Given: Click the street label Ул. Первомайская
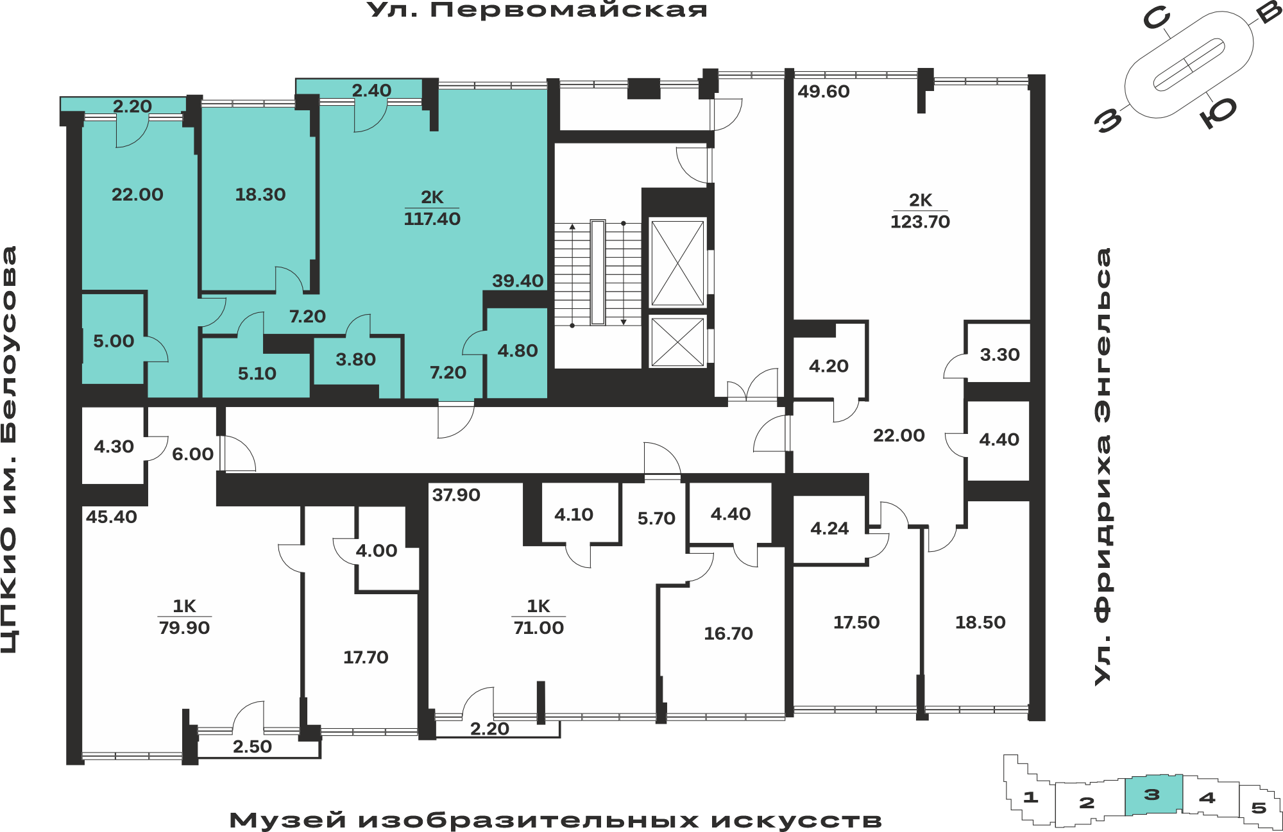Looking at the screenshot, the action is (x=537, y=10).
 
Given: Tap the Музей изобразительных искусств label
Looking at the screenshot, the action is (x=556, y=820).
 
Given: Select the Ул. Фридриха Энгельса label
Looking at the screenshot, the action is (x=1103, y=467).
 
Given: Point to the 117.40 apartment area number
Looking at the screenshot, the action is (x=432, y=219).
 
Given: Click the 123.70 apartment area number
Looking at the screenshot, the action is (x=920, y=222).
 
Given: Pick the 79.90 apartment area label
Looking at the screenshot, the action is (x=184, y=628).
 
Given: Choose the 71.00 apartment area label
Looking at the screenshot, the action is (x=538, y=628).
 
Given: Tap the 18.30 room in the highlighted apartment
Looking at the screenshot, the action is (x=260, y=194).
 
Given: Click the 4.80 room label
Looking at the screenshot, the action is (x=518, y=351).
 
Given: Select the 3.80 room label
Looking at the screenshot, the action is (x=355, y=360).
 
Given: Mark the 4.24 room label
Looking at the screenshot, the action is (x=829, y=528).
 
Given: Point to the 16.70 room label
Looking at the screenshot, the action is (x=728, y=633).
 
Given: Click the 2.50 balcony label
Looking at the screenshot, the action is (x=252, y=747).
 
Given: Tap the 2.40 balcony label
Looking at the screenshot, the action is (x=371, y=90).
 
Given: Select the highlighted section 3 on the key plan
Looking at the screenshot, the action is (x=1153, y=795).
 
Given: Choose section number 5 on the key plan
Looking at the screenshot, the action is (x=1259, y=808).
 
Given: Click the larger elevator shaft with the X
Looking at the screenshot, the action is (x=677, y=263).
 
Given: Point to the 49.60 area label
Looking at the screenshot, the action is (x=824, y=92).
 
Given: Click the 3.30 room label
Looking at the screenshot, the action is (x=999, y=354).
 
